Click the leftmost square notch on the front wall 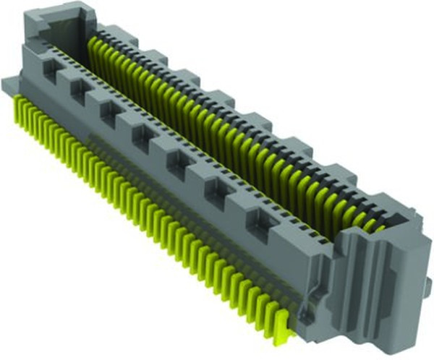51,70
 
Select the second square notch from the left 77,90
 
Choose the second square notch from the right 216,189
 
